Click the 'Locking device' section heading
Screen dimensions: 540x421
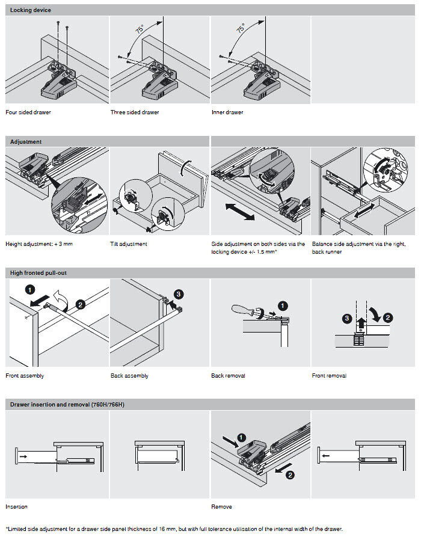(x=31, y=10)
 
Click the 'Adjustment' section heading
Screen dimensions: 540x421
(x=26, y=141)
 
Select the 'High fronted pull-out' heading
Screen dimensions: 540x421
(x=38, y=273)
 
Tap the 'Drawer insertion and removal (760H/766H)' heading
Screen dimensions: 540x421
(x=67, y=405)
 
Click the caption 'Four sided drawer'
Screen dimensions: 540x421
(x=28, y=112)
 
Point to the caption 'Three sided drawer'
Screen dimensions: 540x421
(x=135, y=112)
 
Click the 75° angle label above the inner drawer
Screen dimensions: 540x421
(x=241, y=28)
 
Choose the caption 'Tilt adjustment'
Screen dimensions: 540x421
(x=129, y=244)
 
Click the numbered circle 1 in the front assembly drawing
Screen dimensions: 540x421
(x=29, y=289)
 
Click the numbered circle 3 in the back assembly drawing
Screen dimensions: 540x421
(x=178, y=295)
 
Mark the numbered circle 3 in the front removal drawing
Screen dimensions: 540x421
(x=347, y=317)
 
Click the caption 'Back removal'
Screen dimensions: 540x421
(x=228, y=376)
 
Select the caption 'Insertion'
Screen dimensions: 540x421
(x=16, y=507)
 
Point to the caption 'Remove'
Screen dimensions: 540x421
(x=221, y=507)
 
